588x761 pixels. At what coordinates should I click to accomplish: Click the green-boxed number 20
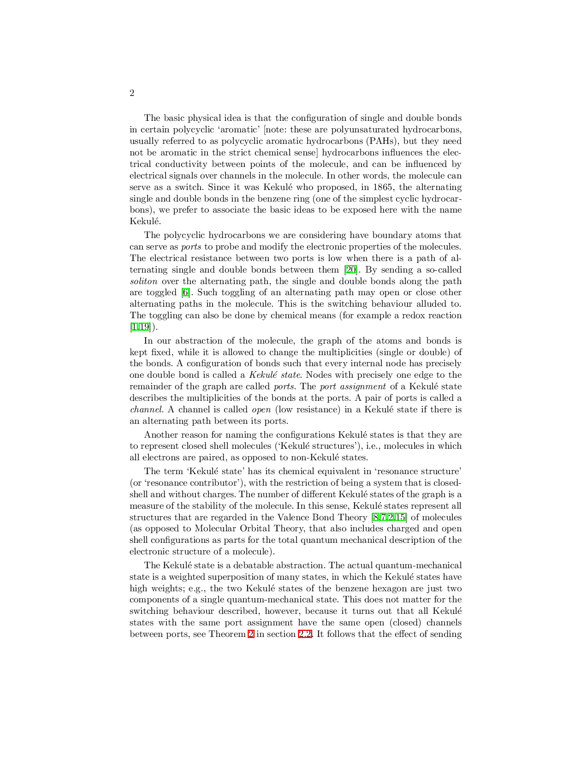[350, 269]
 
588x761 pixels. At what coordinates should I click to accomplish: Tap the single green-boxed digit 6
[185, 292]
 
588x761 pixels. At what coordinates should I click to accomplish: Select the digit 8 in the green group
[376, 517]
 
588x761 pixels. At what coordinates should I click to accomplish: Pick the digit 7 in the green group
[383, 517]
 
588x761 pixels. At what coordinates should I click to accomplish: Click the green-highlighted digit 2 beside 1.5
[391, 517]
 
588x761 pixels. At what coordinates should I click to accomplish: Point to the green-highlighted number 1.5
[400, 517]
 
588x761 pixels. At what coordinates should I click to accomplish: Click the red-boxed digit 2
[251, 634]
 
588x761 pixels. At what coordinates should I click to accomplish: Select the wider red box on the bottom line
[305, 634]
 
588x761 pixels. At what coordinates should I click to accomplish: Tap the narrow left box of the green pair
[134, 327]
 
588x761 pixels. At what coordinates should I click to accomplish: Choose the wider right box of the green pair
[144, 327]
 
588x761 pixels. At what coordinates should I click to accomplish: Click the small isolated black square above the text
[133, 92]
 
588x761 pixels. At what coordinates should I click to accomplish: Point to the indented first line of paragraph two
[302, 234]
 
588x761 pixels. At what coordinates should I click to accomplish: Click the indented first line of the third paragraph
[302, 340]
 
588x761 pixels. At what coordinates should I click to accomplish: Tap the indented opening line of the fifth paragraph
[302, 468]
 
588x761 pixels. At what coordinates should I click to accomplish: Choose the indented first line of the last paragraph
[302, 565]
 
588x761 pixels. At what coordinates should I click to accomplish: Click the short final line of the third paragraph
[208, 420]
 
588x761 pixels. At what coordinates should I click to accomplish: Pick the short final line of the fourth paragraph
[249, 456]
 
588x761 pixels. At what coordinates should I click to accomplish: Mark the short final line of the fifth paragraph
[203, 551]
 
